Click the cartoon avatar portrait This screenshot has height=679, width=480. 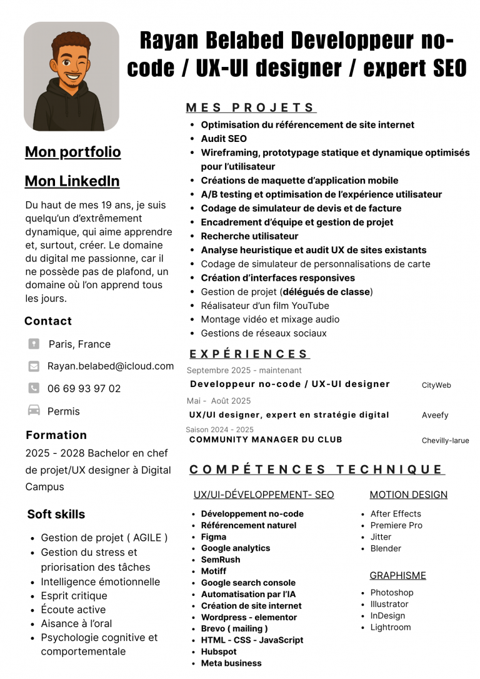[x=71, y=76]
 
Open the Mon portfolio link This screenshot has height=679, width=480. [x=73, y=152]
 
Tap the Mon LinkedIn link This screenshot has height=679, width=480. [x=72, y=181]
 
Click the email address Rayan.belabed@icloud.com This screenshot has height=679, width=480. [x=111, y=366]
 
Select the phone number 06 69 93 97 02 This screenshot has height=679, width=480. [x=84, y=389]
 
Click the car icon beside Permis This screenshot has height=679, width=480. [x=34, y=411]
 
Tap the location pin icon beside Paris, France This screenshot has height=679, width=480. [x=34, y=344]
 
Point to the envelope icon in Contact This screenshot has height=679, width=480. [x=34, y=366]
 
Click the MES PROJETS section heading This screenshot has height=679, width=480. [x=251, y=108]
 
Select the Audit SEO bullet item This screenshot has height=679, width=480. [x=224, y=139]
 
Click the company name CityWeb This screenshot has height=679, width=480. [x=436, y=385]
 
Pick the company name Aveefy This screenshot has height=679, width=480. [x=435, y=415]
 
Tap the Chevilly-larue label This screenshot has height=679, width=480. [x=445, y=440]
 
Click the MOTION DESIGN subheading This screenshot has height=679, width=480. [x=408, y=495]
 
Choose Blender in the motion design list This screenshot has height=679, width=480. [x=386, y=548]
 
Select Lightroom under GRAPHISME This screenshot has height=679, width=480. [x=391, y=627]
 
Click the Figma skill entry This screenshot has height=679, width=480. [x=214, y=536]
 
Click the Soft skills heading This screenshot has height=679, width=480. [x=56, y=515]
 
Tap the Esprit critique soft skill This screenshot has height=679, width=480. [x=74, y=596]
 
